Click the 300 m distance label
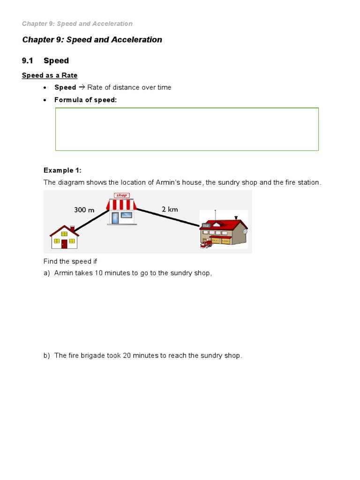84,210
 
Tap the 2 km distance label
170,210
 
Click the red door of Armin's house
64,243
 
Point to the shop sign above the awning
121,195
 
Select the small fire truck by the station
205,244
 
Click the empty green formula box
187,129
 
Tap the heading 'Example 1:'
62,170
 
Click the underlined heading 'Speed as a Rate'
50,75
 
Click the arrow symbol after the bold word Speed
82,88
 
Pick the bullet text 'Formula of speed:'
85,100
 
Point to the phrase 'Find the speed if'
70,261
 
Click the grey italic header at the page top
77,23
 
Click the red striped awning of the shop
121,204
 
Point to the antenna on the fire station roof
220,211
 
